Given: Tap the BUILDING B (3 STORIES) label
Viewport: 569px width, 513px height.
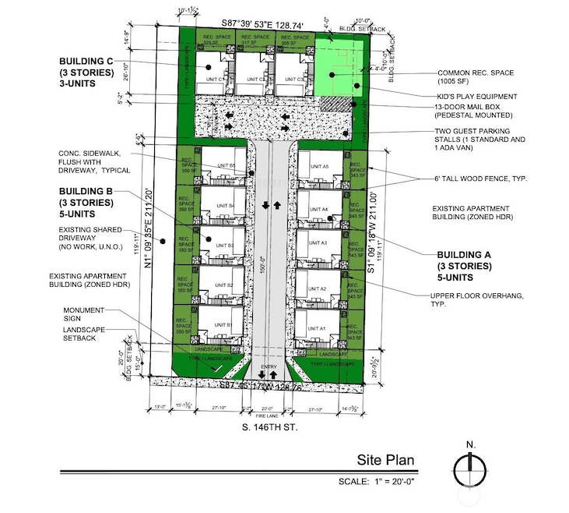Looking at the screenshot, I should pos(86,202).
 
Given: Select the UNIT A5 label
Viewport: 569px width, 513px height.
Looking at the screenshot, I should pos(320,167).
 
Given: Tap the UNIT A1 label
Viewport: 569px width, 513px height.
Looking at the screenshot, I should pos(317,329).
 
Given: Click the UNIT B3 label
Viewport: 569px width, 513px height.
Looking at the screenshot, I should pos(225,246).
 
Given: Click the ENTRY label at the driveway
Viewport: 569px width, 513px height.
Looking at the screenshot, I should pos(269,366).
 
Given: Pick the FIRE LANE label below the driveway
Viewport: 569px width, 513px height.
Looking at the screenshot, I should pos(268,416).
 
